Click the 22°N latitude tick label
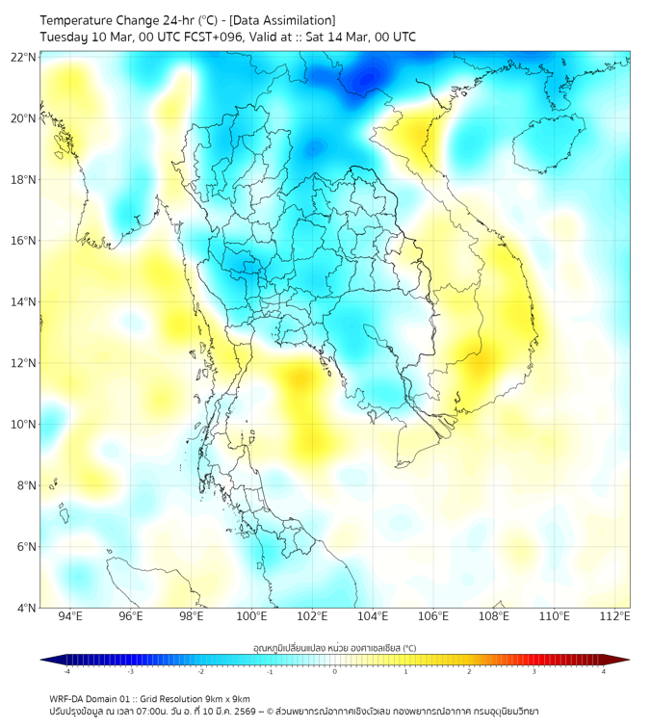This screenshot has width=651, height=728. [23, 57]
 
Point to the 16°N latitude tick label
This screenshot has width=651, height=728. [23, 241]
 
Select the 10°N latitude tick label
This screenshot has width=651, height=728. [23, 425]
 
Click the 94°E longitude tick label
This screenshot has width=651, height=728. [70, 617]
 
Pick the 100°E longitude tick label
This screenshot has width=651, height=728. [252, 617]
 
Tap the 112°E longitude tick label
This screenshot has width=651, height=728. [615, 617]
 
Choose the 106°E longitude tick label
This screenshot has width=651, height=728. [434, 617]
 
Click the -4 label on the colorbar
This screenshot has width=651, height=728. [65, 672]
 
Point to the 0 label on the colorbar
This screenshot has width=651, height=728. [335, 672]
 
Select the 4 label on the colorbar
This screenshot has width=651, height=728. [604, 672]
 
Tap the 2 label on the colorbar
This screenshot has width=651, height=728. [469, 672]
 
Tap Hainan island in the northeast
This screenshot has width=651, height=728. [550, 144]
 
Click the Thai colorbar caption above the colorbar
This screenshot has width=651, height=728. [334, 647]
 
